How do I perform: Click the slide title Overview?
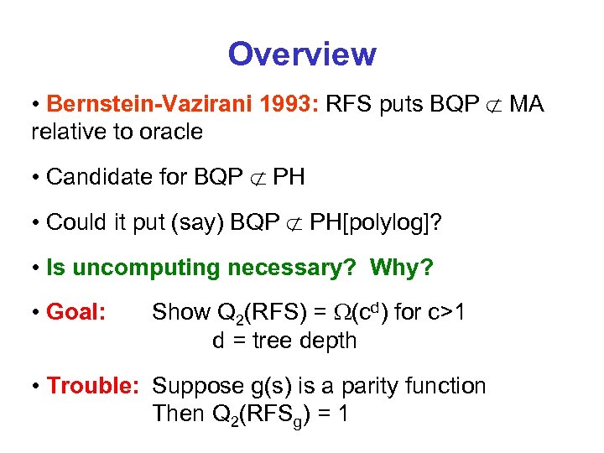(x=302, y=55)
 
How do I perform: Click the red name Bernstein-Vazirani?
(x=135, y=104)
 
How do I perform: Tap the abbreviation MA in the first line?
(x=526, y=104)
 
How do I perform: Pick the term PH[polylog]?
(x=374, y=222)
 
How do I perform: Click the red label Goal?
(x=76, y=312)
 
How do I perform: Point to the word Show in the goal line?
(x=180, y=312)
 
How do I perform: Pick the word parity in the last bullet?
(x=357, y=386)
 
